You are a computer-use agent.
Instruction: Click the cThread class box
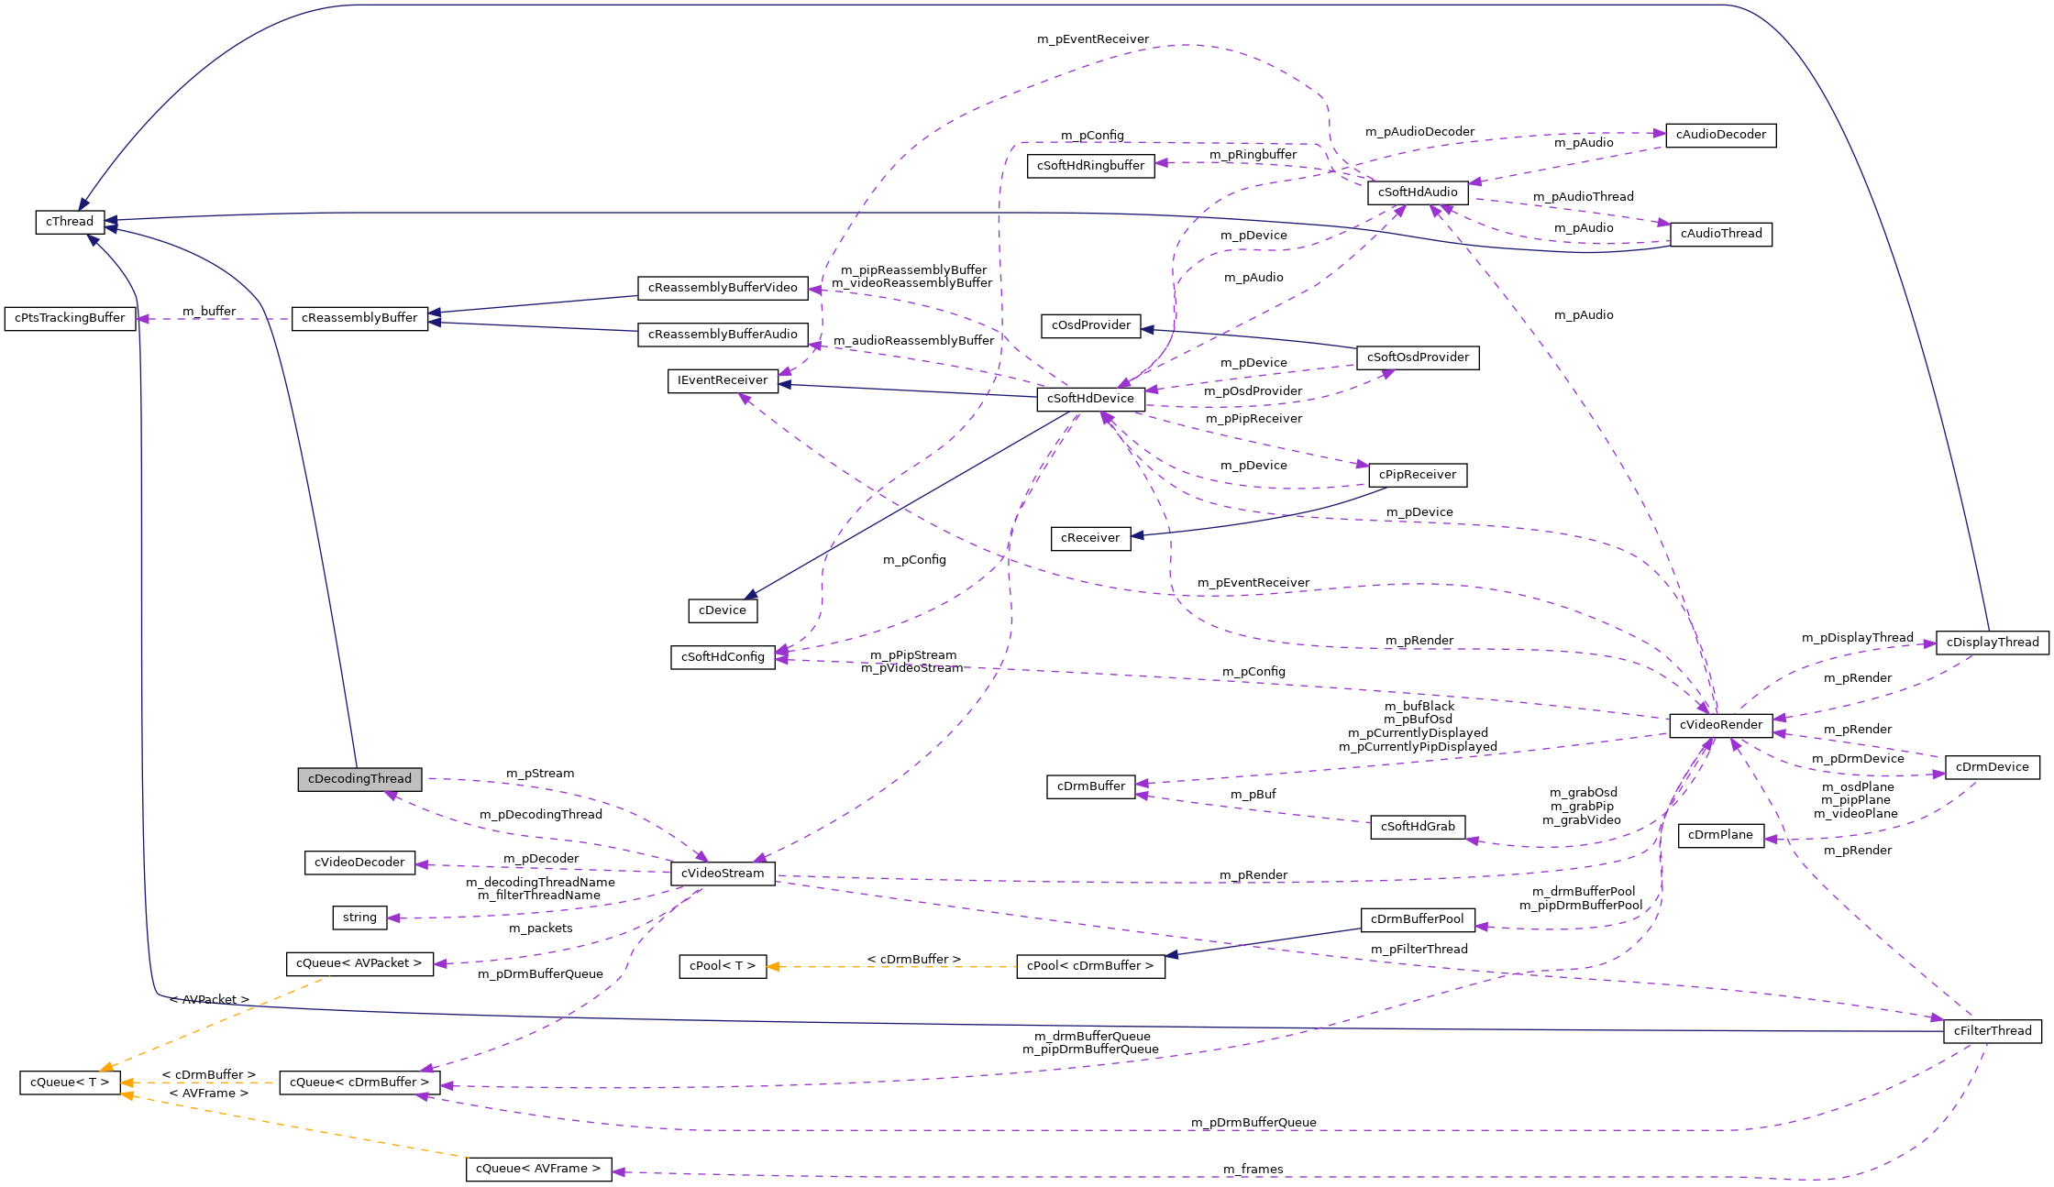(x=70, y=222)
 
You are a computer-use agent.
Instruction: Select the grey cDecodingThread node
(x=359, y=779)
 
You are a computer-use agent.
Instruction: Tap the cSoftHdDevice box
(x=1090, y=399)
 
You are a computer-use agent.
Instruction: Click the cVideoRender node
(x=1720, y=725)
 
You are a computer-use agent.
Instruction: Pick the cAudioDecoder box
(x=1720, y=135)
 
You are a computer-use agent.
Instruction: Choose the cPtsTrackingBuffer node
(x=70, y=318)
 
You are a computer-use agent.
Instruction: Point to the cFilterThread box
(x=1992, y=1031)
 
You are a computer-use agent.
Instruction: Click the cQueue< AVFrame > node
(x=538, y=1169)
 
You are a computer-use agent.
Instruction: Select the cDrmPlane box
(x=1720, y=835)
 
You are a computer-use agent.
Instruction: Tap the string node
(x=359, y=918)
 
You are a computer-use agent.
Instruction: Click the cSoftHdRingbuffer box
(x=1090, y=166)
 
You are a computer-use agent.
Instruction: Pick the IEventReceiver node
(x=723, y=380)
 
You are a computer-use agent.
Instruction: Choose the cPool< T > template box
(x=723, y=966)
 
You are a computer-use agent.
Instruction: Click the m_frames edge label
(x=1253, y=1169)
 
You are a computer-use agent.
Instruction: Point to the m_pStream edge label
(x=540, y=774)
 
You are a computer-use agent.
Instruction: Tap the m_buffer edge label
(x=209, y=312)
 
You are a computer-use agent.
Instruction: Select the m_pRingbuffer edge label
(x=1253, y=155)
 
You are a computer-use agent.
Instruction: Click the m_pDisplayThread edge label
(x=1857, y=638)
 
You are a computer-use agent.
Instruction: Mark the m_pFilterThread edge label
(x=1419, y=950)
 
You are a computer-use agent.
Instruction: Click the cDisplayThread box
(x=1992, y=643)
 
